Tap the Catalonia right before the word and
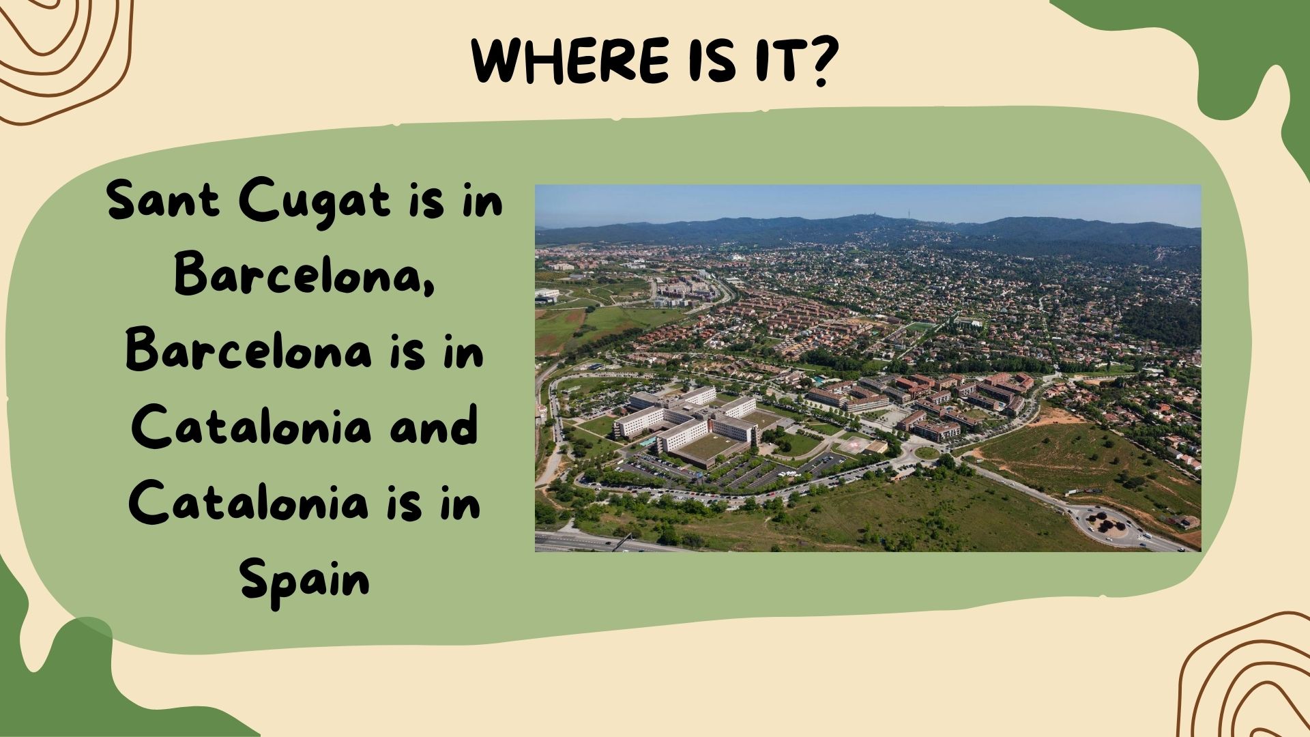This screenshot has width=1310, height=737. pyautogui.click(x=251, y=427)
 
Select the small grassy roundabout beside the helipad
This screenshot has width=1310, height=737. pyautogui.click(x=926, y=452)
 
